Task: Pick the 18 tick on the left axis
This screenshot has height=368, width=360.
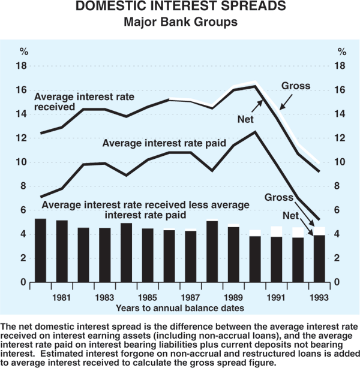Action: point(21,66)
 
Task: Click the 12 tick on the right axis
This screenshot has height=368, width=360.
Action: point(340,138)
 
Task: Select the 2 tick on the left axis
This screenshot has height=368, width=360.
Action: point(23,258)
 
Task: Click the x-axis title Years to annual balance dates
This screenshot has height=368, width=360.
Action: point(180,307)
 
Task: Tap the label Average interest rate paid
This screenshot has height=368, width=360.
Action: point(164,143)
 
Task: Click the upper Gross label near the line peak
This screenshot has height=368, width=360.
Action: point(296,86)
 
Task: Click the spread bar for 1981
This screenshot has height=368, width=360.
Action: point(62,252)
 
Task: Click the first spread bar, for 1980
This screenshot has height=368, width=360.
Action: point(41,251)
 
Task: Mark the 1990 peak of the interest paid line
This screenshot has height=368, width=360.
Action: point(255,132)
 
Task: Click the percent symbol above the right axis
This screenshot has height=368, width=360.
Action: point(341,51)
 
